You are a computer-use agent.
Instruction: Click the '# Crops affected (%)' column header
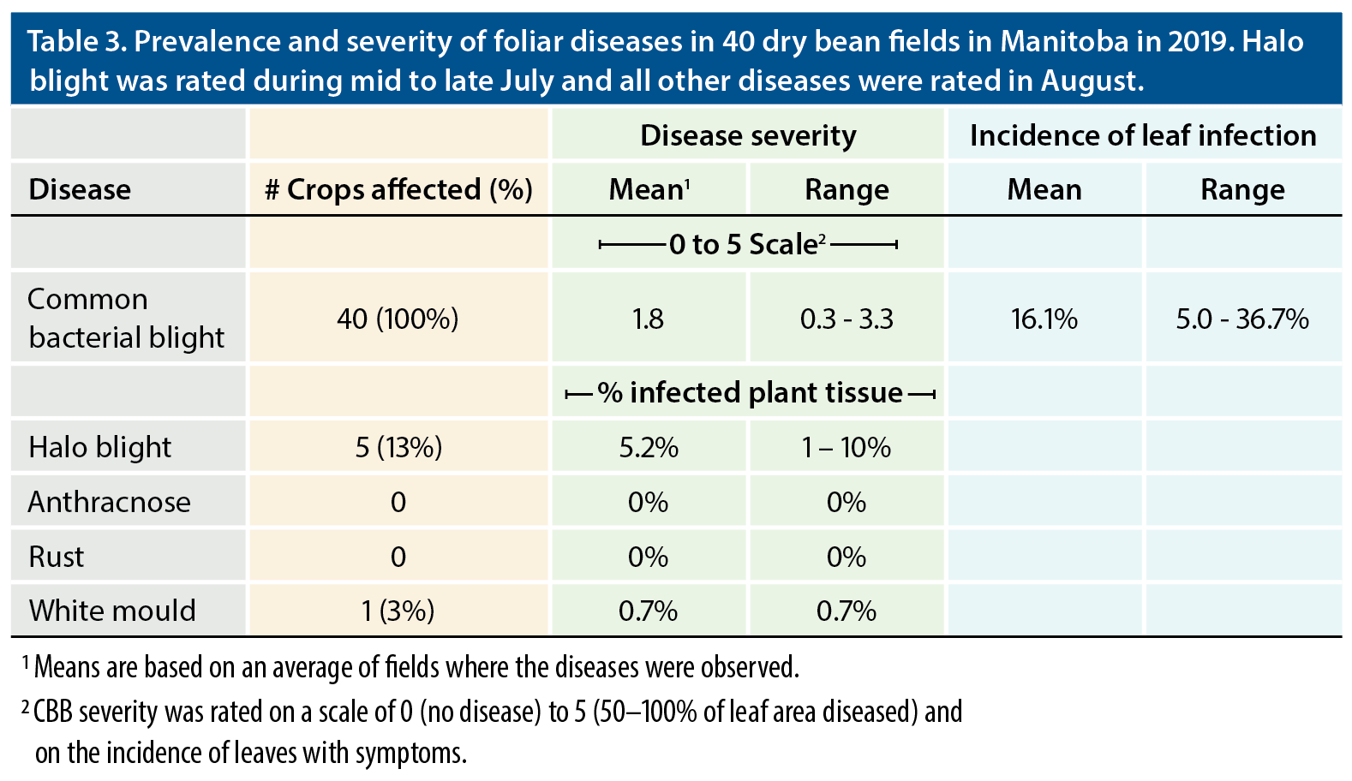[398, 189]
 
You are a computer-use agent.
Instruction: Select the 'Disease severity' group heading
[748, 135]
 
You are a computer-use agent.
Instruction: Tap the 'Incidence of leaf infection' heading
[1143, 135]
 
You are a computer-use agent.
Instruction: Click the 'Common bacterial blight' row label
[126, 318]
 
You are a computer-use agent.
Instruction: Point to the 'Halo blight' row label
[99, 447]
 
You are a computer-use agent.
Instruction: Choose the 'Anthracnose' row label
[109, 502]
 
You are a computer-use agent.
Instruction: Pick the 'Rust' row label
[57, 557]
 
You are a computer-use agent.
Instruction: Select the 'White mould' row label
[112, 611]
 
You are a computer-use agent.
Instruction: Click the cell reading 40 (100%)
[398, 319]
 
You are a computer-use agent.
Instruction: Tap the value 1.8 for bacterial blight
[648, 319]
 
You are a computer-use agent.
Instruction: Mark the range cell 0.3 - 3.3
[846, 319]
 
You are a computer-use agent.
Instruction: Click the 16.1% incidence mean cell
[1044, 319]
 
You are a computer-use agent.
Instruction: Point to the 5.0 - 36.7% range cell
[1242, 319]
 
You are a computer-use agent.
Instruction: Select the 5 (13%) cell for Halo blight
[398, 447]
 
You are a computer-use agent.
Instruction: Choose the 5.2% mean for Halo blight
[649, 447]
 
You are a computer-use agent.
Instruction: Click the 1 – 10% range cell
[846, 447]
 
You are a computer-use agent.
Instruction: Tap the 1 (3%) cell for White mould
[398, 611]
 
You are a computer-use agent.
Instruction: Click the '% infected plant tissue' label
[750, 392]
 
